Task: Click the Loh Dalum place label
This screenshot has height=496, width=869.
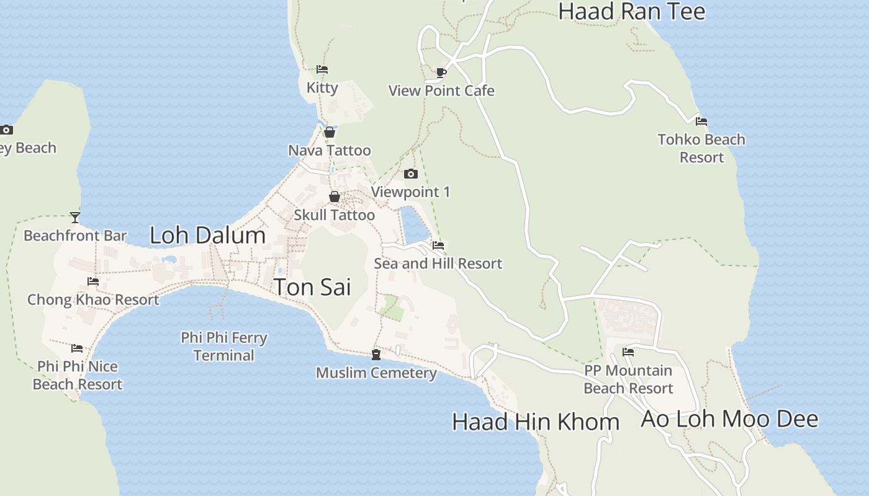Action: click(x=207, y=236)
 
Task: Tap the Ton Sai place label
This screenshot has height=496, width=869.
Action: click(x=312, y=287)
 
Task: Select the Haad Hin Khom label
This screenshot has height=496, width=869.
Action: click(x=536, y=422)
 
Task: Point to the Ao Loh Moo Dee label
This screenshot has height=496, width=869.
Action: click(x=729, y=419)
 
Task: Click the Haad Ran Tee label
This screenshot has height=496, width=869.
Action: click(x=632, y=12)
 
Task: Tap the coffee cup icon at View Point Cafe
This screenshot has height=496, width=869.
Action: click(x=441, y=73)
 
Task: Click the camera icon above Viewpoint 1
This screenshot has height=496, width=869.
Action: click(x=410, y=174)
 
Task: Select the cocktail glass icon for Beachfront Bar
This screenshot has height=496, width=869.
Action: click(x=75, y=217)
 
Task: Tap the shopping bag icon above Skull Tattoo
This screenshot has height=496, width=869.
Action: click(x=335, y=197)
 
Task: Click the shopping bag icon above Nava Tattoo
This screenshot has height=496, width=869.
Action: click(x=330, y=132)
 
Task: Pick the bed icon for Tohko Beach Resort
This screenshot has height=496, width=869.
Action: click(x=701, y=122)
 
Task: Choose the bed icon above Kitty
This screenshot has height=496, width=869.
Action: click(x=322, y=69)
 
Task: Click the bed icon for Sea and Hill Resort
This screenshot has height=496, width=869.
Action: click(x=438, y=246)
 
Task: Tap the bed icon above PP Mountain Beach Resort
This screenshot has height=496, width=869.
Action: click(x=628, y=352)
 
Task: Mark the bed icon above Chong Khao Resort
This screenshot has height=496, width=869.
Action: click(x=93, y=281)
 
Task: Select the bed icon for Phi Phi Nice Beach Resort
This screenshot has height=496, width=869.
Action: click(x=77, y=348)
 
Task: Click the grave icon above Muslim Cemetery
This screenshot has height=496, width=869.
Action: click(x=376, y=355)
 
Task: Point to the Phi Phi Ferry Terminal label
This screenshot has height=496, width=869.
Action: click(x=224, y=347)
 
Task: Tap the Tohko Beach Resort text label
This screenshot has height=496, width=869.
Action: click(x=701, y=148)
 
